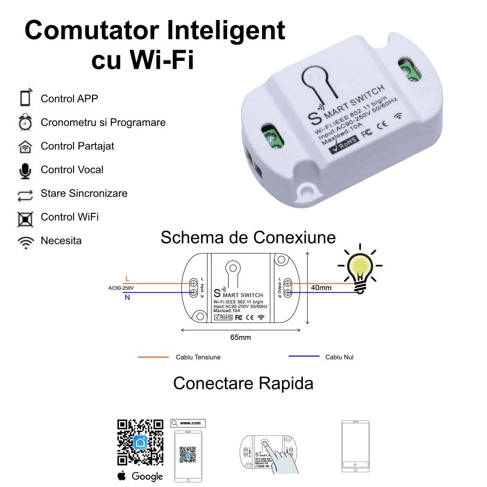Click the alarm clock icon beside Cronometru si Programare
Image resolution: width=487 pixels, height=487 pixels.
[25, 123]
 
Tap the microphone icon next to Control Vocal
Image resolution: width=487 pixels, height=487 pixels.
[25, 170]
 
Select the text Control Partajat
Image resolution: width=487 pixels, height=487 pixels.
[77, 146]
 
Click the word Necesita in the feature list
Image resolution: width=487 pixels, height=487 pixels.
[61, 241]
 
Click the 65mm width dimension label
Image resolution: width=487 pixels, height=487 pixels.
[241, 337]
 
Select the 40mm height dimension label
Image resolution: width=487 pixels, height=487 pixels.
[321, 288]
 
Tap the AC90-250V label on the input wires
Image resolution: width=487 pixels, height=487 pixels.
[121, 288]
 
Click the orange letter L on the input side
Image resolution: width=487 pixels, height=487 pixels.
[127, 279]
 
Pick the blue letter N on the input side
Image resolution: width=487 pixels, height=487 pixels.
[127, 298]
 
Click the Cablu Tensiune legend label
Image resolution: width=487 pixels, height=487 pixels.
[198, 357]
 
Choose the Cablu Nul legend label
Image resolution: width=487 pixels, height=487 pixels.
[339, 357]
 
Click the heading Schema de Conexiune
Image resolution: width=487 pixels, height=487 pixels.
[248, 238]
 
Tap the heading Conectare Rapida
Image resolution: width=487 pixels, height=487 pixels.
[243, 383]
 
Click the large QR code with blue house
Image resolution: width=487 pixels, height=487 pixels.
[140, 442]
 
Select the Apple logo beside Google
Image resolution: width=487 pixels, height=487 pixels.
[122, 476]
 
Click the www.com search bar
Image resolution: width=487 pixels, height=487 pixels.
[188, 423]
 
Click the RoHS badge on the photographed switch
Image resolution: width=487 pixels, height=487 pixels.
[344, 143]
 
